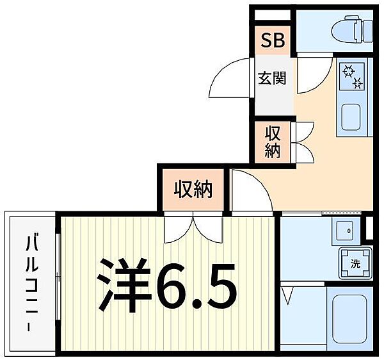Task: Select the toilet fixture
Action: pyautogui.click(x=354, y=29)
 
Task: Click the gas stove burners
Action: pyautogui.click(x=351, y=76)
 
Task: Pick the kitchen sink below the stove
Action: pyautogui.click(x=352, y=117)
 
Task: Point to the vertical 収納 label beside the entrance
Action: pyautogui.click(x=273, y=142)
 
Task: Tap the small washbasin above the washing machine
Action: pyautogui.click(x=348, y=231)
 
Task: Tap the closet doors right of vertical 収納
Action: pyautogui.click(x=301, y=142)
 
